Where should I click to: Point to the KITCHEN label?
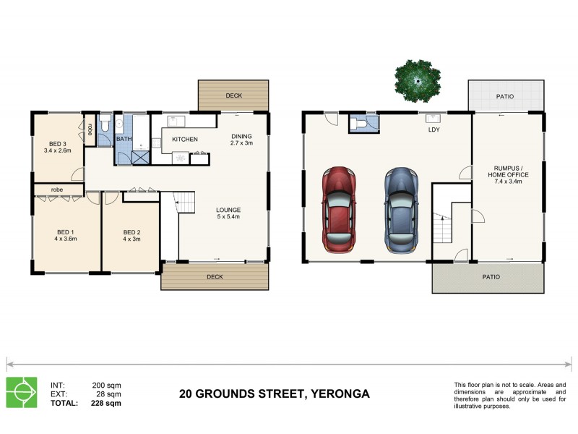click(185, 139)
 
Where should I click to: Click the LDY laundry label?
click(434, 130)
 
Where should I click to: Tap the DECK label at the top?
click(233, 95)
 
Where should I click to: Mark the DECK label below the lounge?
click(214, 276)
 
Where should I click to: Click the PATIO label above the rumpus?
click(505, 95)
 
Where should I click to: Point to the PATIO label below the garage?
click(491, 276)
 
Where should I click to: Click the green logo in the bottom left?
click(21, 392)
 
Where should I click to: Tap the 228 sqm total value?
click(106, 404)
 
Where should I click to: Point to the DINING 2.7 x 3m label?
click(242, 140)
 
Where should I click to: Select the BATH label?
click(124, 139)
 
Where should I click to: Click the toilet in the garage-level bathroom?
click(357, 125)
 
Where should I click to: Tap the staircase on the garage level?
click(441, 229)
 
